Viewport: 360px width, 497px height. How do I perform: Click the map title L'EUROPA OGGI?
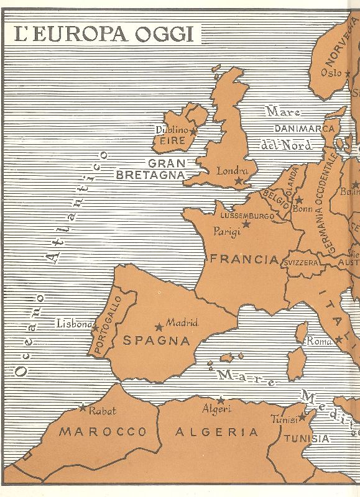[x=104, y=34]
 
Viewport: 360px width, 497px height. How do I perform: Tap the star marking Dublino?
[x=193, y=131]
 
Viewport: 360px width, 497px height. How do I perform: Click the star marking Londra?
[x=238, y=181]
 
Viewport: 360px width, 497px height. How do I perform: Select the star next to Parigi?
[x=246, y=224]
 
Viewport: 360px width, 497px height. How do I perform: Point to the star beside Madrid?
[x=159, y=326]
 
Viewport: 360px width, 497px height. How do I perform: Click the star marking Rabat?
[x=83, y=408]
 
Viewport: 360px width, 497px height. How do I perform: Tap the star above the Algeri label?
[x=220, y=401]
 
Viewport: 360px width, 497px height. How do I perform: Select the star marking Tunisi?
[x=303, y=417]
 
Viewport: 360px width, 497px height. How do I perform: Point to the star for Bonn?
[x=299, y=201]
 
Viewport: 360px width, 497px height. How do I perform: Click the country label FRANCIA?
[x=243, y=260]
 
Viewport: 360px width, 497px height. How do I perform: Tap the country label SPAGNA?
[x=157, y=340]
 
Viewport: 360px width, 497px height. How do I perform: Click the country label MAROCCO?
[x=103, y=432]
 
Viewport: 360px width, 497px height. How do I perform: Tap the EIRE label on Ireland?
[x=172, y=141]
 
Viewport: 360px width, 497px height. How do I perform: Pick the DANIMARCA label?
[x=305, y=129]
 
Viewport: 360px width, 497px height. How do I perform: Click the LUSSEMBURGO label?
[x=247, y=216]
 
